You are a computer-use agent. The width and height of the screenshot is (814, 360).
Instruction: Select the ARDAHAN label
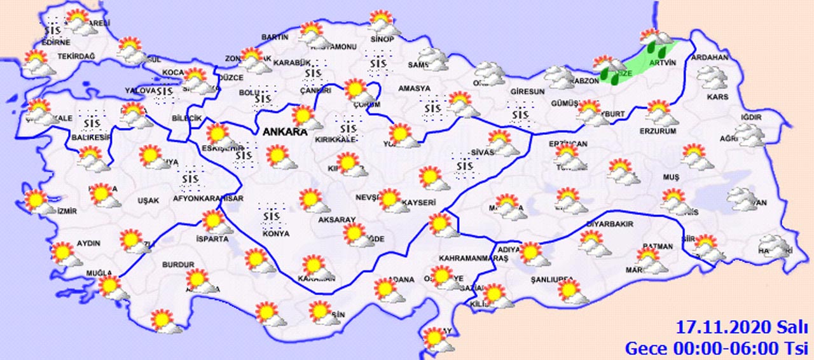pyautogui.click(x=712, y=57)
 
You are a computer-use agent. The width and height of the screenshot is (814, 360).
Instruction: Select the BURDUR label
pyautogui.click(x=178, y=264)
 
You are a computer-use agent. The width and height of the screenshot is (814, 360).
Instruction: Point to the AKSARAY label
pyautogui.click(x=336, y=219)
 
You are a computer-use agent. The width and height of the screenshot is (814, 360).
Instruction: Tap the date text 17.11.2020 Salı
pyautogui.click(x=741, y=328)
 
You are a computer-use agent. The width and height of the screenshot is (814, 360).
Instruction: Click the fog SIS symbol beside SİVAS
pyautogui.click(x=466, y=163)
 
